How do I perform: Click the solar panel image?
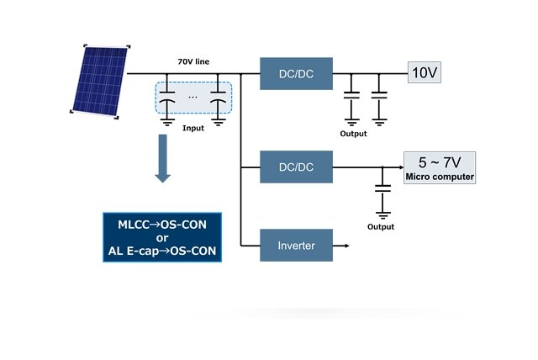98,79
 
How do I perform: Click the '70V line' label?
196,62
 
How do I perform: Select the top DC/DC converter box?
296,73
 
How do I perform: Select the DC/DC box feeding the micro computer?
296,167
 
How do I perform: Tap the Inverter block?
296,246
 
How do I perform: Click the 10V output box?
424,72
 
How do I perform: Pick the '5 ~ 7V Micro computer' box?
440,167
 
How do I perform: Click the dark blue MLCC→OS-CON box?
161,237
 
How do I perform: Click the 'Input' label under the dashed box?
193,129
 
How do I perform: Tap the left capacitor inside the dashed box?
168,99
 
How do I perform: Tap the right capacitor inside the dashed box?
219,99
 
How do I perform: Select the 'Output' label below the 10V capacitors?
353,133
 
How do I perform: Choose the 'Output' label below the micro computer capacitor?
381,226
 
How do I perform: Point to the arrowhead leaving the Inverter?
346,246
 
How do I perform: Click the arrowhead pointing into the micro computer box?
398,167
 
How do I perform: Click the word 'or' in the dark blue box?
161,237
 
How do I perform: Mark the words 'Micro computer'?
440,177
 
